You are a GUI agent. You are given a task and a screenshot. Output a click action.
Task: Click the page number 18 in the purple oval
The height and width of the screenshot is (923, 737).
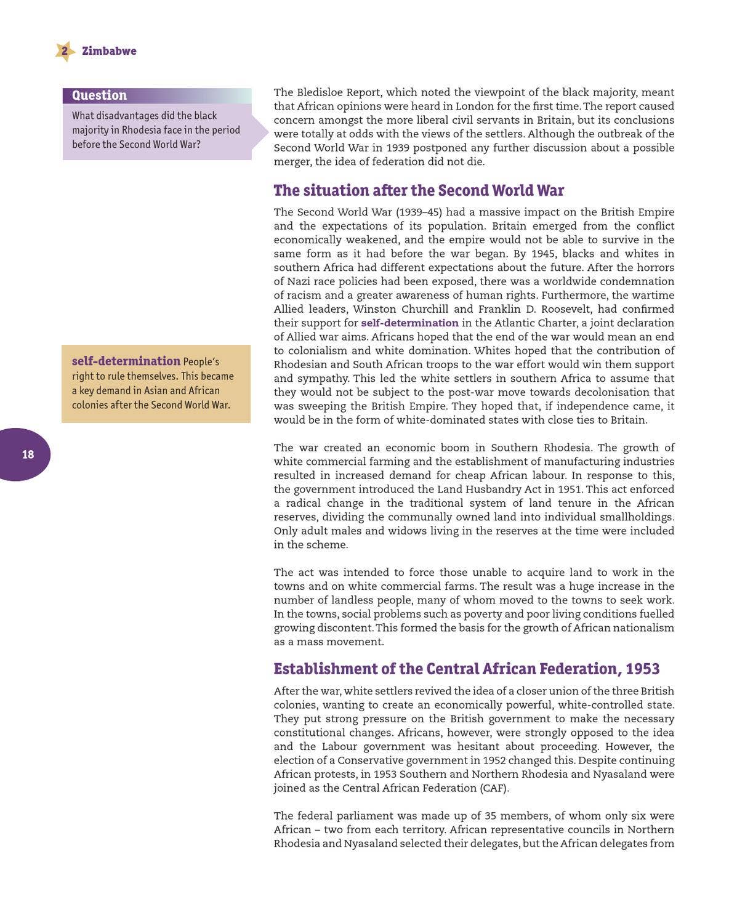click(x=28, y=454)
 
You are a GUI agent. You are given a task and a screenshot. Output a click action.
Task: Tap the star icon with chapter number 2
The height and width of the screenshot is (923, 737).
click(x=64, y=51)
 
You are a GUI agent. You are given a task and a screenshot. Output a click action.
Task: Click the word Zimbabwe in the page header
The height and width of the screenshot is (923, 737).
click(x=109, y=51)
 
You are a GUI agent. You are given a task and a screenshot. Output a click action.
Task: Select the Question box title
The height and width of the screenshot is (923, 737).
click(x=99, y=95)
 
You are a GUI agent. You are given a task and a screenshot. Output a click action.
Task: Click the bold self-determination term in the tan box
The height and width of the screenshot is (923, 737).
click(x=126, y=361)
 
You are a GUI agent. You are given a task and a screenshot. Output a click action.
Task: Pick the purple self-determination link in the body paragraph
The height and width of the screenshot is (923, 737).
click(x=409, y=323)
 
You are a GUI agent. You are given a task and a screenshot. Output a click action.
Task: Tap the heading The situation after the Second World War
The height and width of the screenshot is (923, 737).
click(x=419, y=190)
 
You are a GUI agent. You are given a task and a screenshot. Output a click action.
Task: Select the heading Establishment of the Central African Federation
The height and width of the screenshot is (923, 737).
click(x=466, y=669)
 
